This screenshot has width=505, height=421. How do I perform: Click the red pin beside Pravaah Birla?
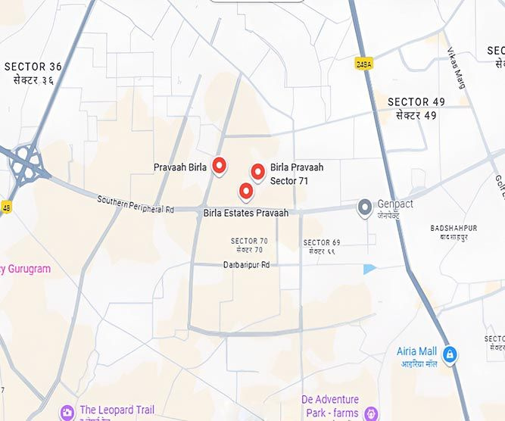pos(220,165)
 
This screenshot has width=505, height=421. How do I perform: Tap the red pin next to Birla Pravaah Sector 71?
pos(257,172)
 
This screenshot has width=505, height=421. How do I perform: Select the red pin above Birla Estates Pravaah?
pos(246,191)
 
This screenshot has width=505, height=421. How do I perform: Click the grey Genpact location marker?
pos(365,206)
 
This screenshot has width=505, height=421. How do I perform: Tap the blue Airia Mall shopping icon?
pos(450,354)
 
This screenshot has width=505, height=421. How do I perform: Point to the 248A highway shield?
pos(363,64)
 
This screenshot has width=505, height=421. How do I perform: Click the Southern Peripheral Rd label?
pos(136,204)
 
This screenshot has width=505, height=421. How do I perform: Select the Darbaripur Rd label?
pos(246,265)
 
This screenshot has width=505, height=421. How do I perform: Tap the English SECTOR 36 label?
pos(33,67)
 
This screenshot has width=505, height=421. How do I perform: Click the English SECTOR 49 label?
pos(416,101)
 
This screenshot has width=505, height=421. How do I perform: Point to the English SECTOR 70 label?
pos(249,241)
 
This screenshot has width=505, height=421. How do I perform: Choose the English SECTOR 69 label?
pos(322,242)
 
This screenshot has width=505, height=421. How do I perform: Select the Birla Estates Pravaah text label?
pos(246,214)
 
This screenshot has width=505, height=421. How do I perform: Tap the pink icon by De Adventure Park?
pos(371,413)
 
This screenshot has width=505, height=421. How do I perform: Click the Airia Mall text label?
pos(417,351)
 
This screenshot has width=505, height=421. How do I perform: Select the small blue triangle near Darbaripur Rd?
pos(369,269)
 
